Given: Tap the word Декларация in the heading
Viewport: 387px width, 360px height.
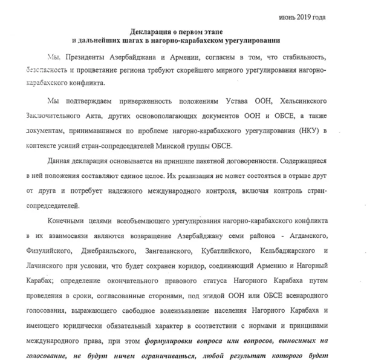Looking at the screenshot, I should point(154,31).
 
